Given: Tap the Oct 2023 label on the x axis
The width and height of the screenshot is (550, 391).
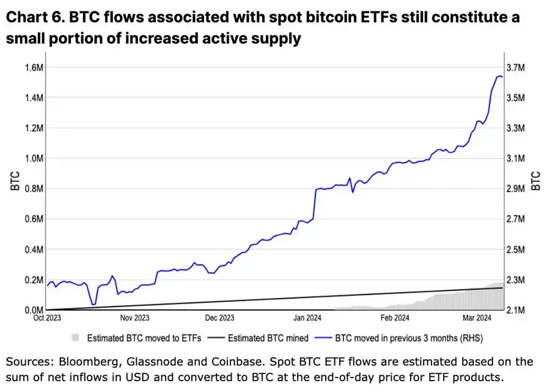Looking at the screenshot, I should pos(48,318).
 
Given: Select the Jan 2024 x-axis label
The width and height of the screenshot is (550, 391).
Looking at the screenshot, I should pos(308,318).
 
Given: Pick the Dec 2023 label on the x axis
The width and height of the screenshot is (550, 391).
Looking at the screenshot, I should pos(219,318).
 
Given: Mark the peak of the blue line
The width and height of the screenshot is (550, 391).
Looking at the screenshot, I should pos(499,76).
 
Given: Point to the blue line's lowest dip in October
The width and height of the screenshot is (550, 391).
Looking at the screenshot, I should pos(93,304).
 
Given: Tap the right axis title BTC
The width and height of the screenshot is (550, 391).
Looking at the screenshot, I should pos(536,181).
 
